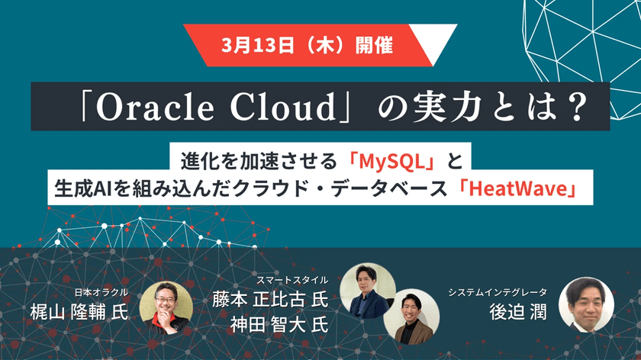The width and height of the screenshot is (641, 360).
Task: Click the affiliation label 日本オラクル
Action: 101,292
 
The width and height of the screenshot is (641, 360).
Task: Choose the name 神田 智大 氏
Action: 279,323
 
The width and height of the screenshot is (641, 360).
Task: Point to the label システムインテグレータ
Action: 497,293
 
